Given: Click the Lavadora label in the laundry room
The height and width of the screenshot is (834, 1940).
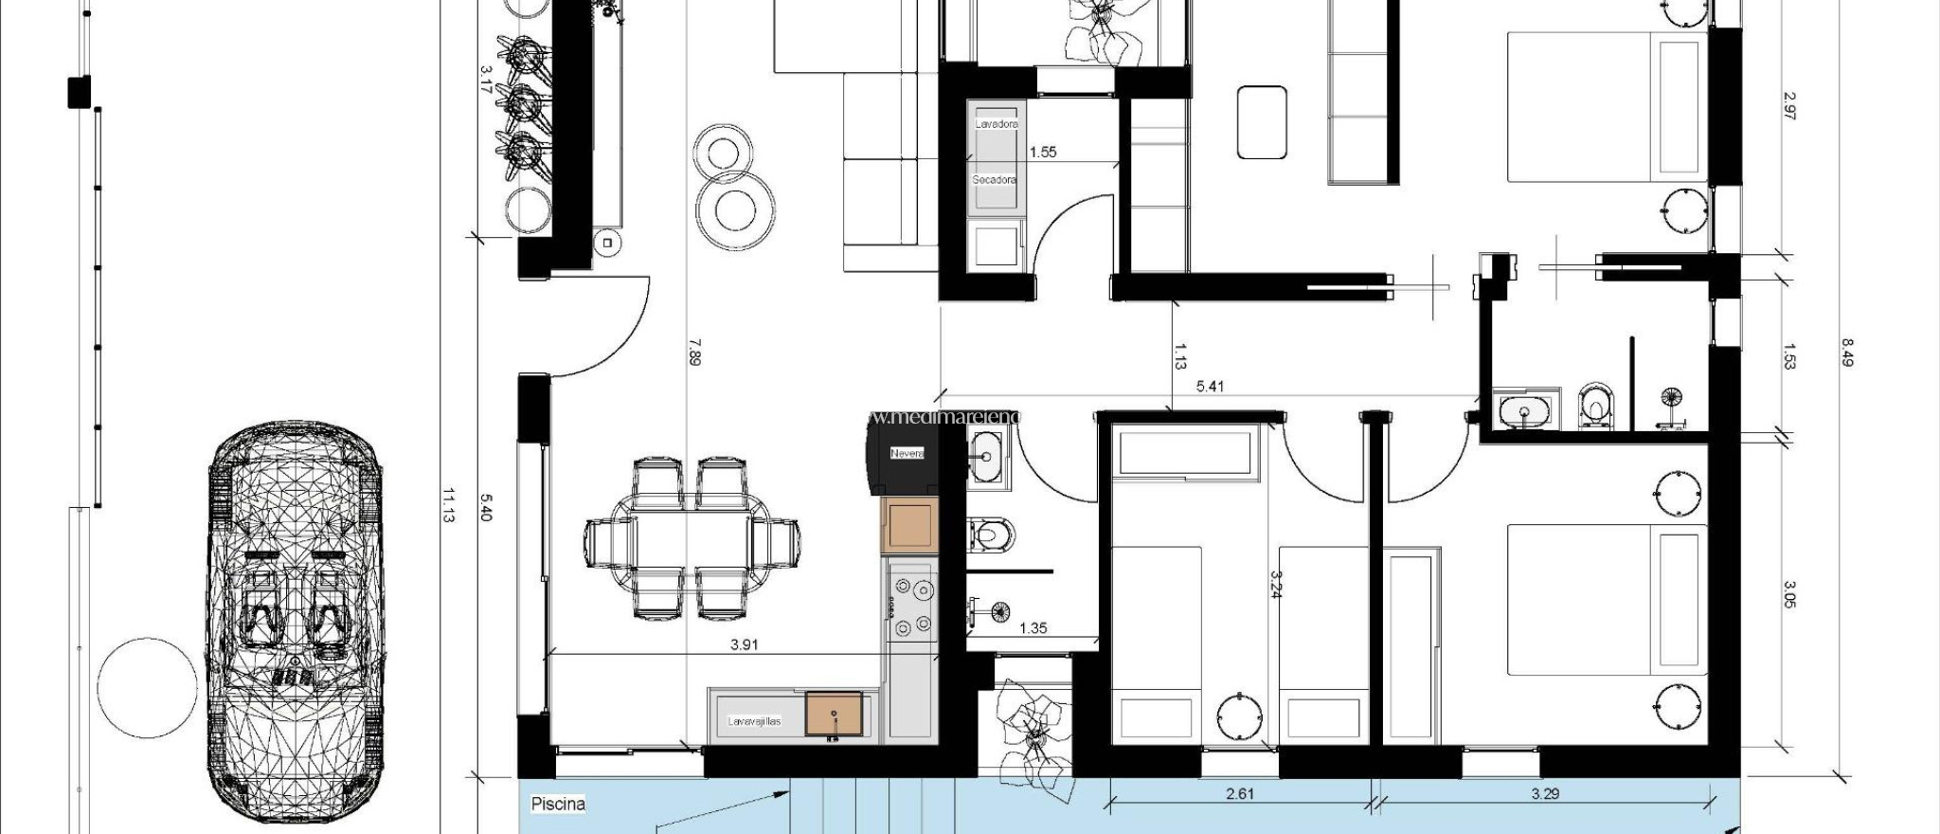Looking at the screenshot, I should pyautogui.click(x=996, y=124).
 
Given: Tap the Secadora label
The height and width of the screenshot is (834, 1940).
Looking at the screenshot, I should pyautogui.click(x=994, y=179).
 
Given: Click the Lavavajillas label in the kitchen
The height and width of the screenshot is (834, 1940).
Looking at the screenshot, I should pyautogui.click(x=754, y=721).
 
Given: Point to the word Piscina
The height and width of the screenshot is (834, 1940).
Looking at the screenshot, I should pyautogui.click(x=558, y=804).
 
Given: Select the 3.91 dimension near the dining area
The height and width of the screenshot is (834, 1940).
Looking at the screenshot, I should pyautogui.click(x=745, y=645).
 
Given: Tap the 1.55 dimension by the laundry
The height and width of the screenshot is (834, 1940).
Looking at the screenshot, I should pyautogui.click(x=1042, y=152).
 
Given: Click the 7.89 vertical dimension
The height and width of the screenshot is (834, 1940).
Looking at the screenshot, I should pyautogui.click(x=694, y=352).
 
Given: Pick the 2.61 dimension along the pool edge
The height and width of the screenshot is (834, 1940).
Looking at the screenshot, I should pyautogui.click(x=1239, y=793).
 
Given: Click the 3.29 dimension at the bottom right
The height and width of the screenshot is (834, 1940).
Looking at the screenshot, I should pyautogui.click(x=1544, y=793).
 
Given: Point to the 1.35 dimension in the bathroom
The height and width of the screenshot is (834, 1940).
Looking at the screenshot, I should pyautogui.click(x=1033, y=627).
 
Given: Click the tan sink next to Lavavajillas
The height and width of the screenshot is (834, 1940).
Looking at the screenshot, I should pyautogui.click(x=834, y=714).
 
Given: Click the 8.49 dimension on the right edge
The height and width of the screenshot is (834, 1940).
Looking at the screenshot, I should pyautogui.click(x=1845, y=353).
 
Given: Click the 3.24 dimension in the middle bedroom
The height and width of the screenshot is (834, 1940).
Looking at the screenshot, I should pyautogui.click(x=1275, y=585).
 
